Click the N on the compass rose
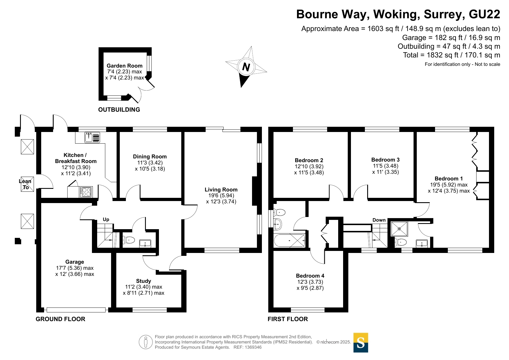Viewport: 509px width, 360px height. tap(246, 67)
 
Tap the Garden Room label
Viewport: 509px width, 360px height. tap(124, 66)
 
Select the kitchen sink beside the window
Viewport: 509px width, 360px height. tap(92, 137)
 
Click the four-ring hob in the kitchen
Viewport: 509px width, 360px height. tap(86, 192)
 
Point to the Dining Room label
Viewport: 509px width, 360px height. tap(150, 157)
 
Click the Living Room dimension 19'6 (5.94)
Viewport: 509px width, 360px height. tap(221, 196)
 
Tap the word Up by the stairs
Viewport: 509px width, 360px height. tap(106, 220)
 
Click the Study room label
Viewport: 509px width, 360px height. tap(144, 281)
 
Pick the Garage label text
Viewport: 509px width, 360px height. tap(75, 262)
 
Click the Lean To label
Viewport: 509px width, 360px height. tap(25, 184)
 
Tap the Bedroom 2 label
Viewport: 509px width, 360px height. tap(309, 160)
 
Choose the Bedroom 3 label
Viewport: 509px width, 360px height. tap(385, 160)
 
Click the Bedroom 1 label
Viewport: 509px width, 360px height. tap(449, 179)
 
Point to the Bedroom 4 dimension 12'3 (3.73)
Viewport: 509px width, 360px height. tap(310, 282)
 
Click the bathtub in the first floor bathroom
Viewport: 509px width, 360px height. tap(289, 241)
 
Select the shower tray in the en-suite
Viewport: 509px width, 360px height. tap(399, 229)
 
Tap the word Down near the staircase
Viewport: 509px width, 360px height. tap(379, 220)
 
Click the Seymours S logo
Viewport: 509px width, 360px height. tap(361, 343)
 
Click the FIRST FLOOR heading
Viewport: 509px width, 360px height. tap(288, 319)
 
